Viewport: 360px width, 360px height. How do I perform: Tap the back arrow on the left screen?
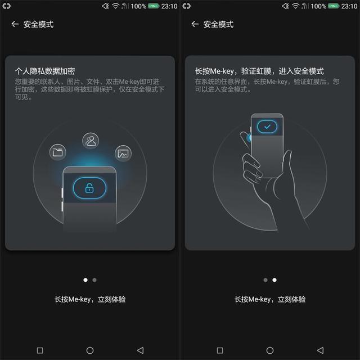pyautogui.click(x=15, y=24)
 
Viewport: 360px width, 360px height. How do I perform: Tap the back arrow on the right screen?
pyautogui.click(x=195, y=24)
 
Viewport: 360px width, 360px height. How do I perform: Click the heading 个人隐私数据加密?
pyautogui.click(x=45, y=71)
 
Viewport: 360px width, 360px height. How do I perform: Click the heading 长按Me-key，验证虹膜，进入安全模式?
pyautogui.click(x=259, y=71)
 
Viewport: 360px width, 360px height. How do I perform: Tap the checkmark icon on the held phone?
pyautogui.click(x=267, y=127)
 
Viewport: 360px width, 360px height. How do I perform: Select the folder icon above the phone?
pyautogui.click(x=58, y=152)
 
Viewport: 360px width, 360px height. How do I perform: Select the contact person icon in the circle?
pyautogui.click(x=90, y=141)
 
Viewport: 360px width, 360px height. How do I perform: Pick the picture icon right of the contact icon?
pyautogui.click(x=123, y=152)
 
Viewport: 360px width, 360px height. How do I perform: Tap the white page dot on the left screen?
pyautogui.click(x=85, y=280)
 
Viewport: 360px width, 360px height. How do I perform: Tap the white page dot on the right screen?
pyautogui.click(x=274, y=280)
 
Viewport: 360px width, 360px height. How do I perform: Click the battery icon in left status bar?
pyautogui.click(x=154, y=6)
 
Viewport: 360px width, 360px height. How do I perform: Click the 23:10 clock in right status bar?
pyautogui.click(x=349, y=6)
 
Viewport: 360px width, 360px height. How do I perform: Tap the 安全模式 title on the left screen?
pyautogui.click(x=38, y=24)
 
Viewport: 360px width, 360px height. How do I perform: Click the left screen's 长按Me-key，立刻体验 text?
pyautogui.click(x=90, y=299)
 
